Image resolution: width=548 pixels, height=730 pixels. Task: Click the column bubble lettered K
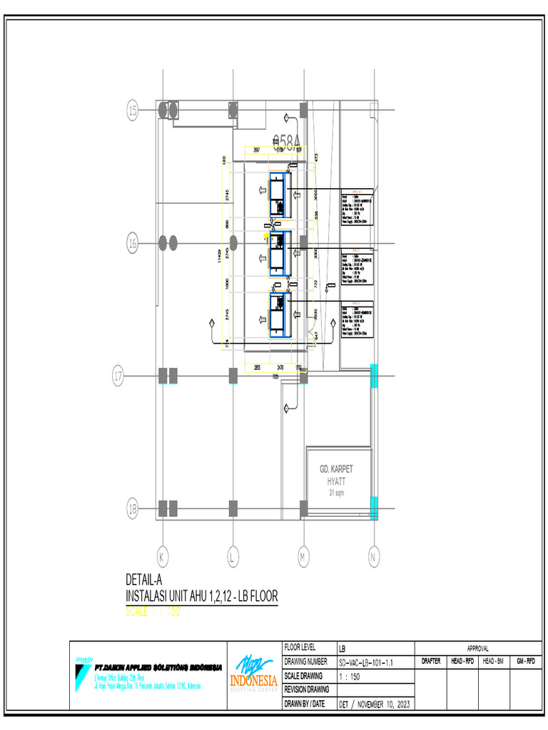pyautogui.click(x=163, y=555)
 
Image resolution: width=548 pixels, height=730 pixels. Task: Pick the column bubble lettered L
pyautogui.click(x=233, y=555)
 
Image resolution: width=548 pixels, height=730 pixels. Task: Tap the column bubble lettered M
pyautogui.click(x=303, y=555)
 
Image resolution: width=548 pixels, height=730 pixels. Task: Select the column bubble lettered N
pyautogui.click(x=373, y=555)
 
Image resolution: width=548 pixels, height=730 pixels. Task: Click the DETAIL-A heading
pyautogui.click(x=146, y=579)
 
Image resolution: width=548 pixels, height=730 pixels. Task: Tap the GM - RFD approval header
pyautogui.click(x=526, y=662)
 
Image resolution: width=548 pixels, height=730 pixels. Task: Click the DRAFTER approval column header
pyautogui.click(x=430, y=662)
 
